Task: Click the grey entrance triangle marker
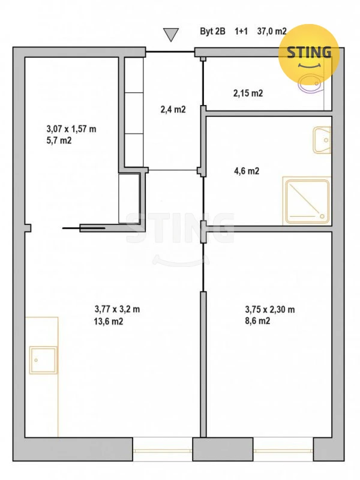tap(171, 34)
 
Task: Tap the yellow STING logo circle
tap(308, 55)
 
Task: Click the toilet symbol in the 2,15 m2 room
tap(310, 83)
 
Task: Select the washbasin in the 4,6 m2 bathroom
tap(322, 140)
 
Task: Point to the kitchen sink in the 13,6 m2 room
tap(43, 360)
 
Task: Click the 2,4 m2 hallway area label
tap(173, 109)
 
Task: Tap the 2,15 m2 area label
tap(248, 93)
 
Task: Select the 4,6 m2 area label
tap(247, 171)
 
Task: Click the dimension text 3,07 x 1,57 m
tap(71, 129)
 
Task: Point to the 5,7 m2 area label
tap(59, 140)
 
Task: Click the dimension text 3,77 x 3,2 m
tap(117, 309)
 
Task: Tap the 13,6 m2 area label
tap(109, 321)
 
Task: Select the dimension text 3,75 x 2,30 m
tap(269, 310)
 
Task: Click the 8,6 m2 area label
tap(257, 321)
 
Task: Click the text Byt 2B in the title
tap(213, 31)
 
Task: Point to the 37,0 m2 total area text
tap(272, 31)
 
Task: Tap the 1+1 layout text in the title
tap(241, 31)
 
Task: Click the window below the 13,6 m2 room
tap(163, 449)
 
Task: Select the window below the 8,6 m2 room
tap(283, 449)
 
